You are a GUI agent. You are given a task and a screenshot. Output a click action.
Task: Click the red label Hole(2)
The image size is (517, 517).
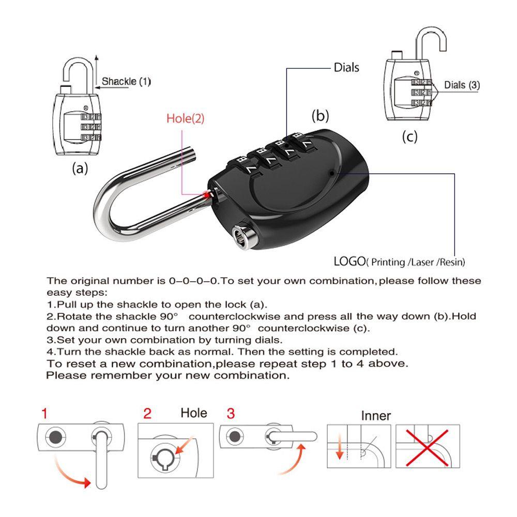pos(185,118)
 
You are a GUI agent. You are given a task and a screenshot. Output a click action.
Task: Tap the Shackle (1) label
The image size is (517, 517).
pos(126,81)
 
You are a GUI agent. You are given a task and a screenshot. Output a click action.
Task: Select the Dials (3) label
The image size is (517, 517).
pos(462,85)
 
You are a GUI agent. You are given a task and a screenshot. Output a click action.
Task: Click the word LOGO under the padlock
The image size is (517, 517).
pos(349,262)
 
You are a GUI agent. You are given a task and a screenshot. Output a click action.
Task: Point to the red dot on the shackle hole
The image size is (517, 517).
pos(207,195)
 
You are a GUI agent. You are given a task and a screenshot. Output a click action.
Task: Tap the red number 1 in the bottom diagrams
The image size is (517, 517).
pos(44,413)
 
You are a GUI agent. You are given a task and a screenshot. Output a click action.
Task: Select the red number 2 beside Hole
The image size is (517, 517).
pos(147,414)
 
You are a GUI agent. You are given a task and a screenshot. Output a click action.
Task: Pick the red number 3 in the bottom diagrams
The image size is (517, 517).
pos(231,414)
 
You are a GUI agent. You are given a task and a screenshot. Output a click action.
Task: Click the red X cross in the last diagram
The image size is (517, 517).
pos(427,447)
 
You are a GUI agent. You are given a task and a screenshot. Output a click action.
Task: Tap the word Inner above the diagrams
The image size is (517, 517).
pos(376,416)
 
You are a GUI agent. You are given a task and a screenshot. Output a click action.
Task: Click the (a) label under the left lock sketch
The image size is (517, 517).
pos(80,168)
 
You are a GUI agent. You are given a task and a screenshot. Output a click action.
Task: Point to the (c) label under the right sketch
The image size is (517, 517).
pos(409,136)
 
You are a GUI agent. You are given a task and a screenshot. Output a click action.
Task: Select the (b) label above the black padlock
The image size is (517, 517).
pos(320,116)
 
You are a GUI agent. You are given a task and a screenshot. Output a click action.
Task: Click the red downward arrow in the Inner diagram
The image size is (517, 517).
pos(339,447)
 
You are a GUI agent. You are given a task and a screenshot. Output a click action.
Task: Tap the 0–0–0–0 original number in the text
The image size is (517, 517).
pos(194,281)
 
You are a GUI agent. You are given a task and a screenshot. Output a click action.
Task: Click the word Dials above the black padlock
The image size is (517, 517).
pos(346,68)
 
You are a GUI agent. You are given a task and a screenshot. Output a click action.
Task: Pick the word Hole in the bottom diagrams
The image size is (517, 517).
pos(194,413)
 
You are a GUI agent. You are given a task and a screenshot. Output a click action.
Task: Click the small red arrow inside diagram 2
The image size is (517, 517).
pos(185,445)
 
